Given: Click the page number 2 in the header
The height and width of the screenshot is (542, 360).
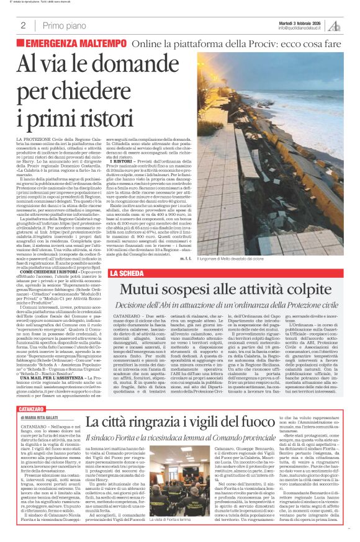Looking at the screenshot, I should pyautogui.click(x=23, y=25).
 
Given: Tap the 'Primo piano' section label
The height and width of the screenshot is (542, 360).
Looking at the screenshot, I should pyautogui.click(x=60, y=25).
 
